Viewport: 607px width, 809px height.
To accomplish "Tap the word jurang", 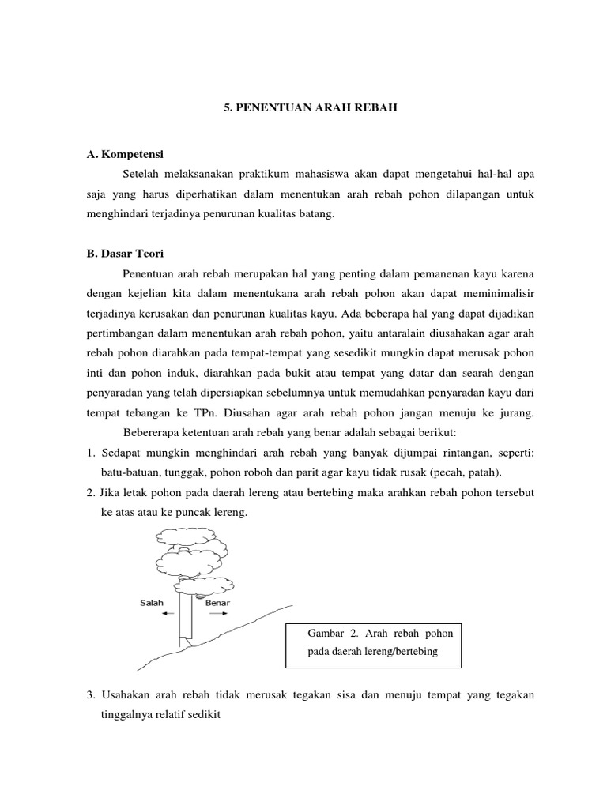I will coord(515,412).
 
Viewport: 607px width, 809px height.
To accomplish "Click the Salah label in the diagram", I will coord(152,603).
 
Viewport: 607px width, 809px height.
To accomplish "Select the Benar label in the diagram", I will coord(217,603).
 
